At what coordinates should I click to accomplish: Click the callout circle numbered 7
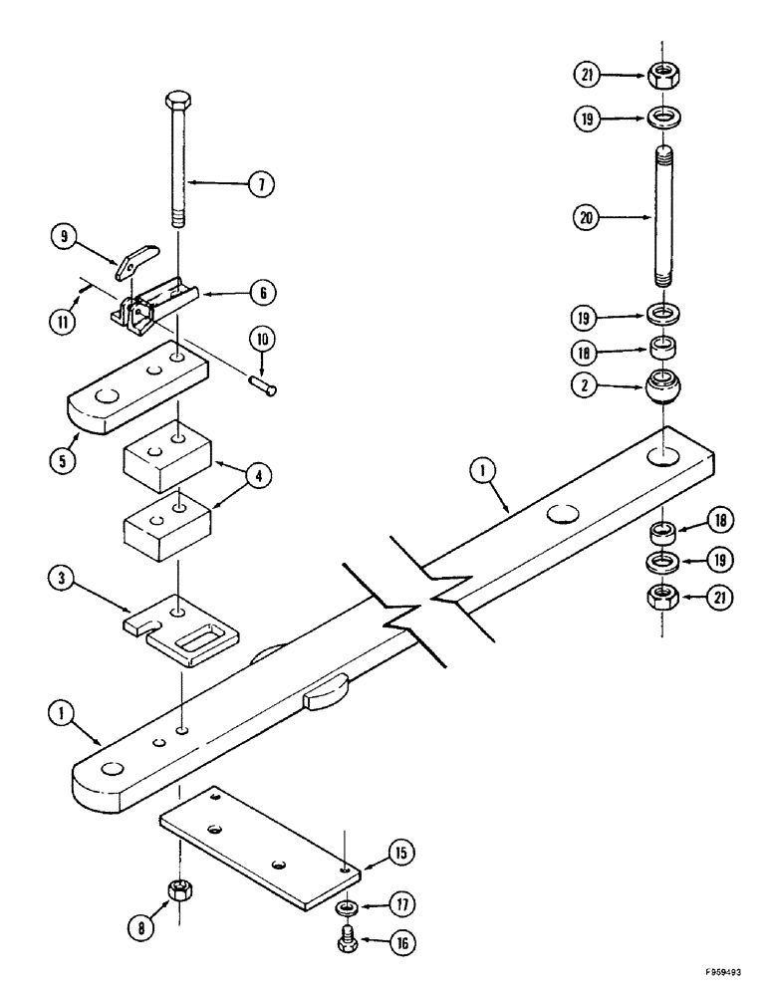tap(260, 183)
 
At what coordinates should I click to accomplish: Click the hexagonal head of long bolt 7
tap(175, 100)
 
